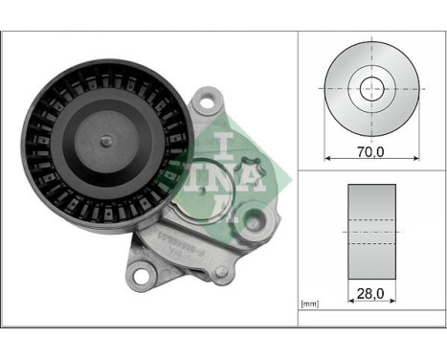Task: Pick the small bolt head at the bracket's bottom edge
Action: tap(220, 272)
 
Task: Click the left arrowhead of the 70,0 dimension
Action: tap(329, 156)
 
